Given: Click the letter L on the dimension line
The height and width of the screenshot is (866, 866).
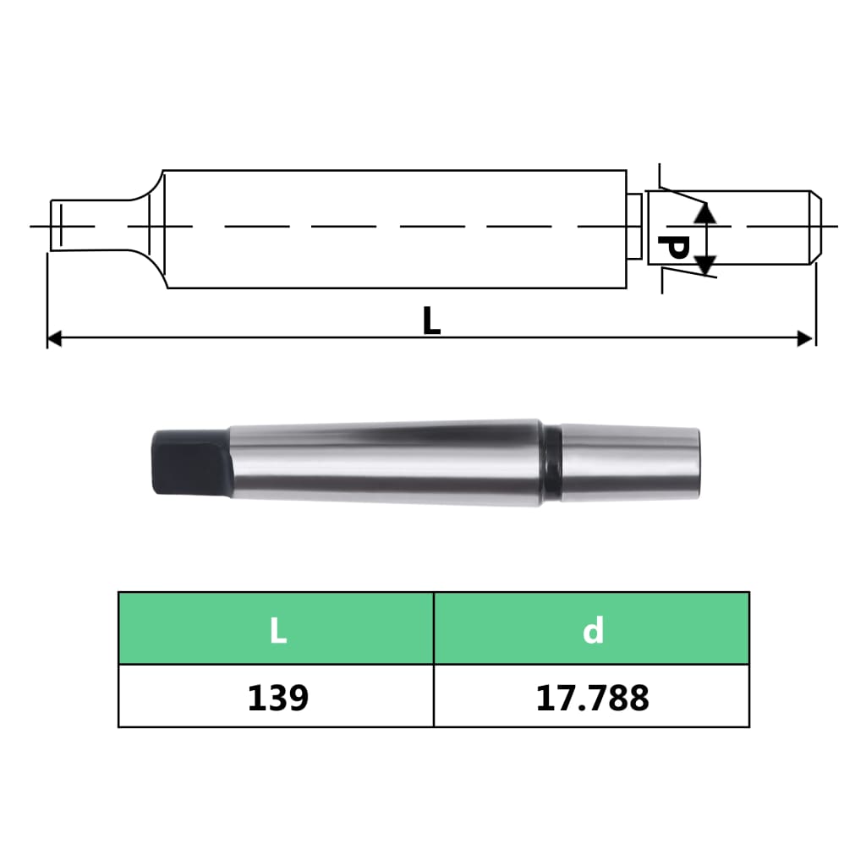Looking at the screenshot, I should tap(431, 321).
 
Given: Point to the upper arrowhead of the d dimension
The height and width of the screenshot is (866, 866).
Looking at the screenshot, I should tap(706, 212).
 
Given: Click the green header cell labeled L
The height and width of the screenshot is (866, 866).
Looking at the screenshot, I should tap(277, 628).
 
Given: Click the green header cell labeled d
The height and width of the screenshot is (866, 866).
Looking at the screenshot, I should tap(592, 628).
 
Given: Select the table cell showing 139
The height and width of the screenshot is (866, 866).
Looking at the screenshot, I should tap(277, 696).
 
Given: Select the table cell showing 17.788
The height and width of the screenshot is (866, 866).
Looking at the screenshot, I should tap(592, 696).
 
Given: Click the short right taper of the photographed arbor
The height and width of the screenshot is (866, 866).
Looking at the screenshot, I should tap(630, 463).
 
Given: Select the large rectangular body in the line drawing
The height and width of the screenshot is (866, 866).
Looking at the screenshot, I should tap(393, 228).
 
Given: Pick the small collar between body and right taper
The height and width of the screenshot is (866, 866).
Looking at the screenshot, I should tap(633, 227).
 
